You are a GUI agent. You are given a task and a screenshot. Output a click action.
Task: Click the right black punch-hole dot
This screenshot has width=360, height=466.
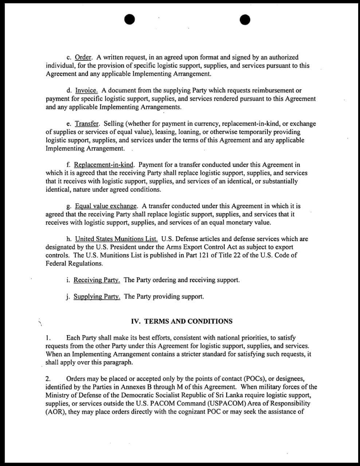[x=245, y=20]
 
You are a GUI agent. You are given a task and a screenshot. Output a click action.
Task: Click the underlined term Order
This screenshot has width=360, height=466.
[x=83, y=58]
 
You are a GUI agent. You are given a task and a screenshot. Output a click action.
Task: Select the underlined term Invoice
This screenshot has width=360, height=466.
[x=86, y=91]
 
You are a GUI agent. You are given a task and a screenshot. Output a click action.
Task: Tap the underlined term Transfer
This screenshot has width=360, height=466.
[x=87, y=124]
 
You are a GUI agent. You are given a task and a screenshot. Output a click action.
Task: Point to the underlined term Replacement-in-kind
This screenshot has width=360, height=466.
[x=104, y=165]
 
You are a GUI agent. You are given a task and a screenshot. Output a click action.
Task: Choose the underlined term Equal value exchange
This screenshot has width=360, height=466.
[x=106, y=206]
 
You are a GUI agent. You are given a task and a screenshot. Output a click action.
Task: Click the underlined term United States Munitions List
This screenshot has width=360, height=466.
[x=116, y=239]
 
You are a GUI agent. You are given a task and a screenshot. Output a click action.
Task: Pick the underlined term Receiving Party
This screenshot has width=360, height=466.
[x=97, y=280]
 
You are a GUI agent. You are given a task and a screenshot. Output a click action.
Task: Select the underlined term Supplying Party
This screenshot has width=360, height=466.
[x=97, y=296]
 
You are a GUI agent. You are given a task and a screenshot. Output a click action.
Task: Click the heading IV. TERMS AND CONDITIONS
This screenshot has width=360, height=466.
[x=181, y=321]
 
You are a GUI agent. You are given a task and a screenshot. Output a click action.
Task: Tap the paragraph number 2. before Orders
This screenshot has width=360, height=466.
[x=48, y=379]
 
